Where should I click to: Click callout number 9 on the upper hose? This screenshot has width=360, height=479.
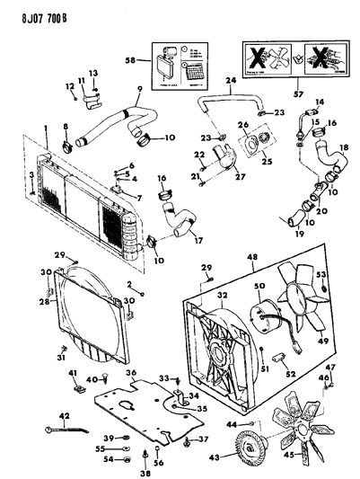[x=138, y=87]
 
